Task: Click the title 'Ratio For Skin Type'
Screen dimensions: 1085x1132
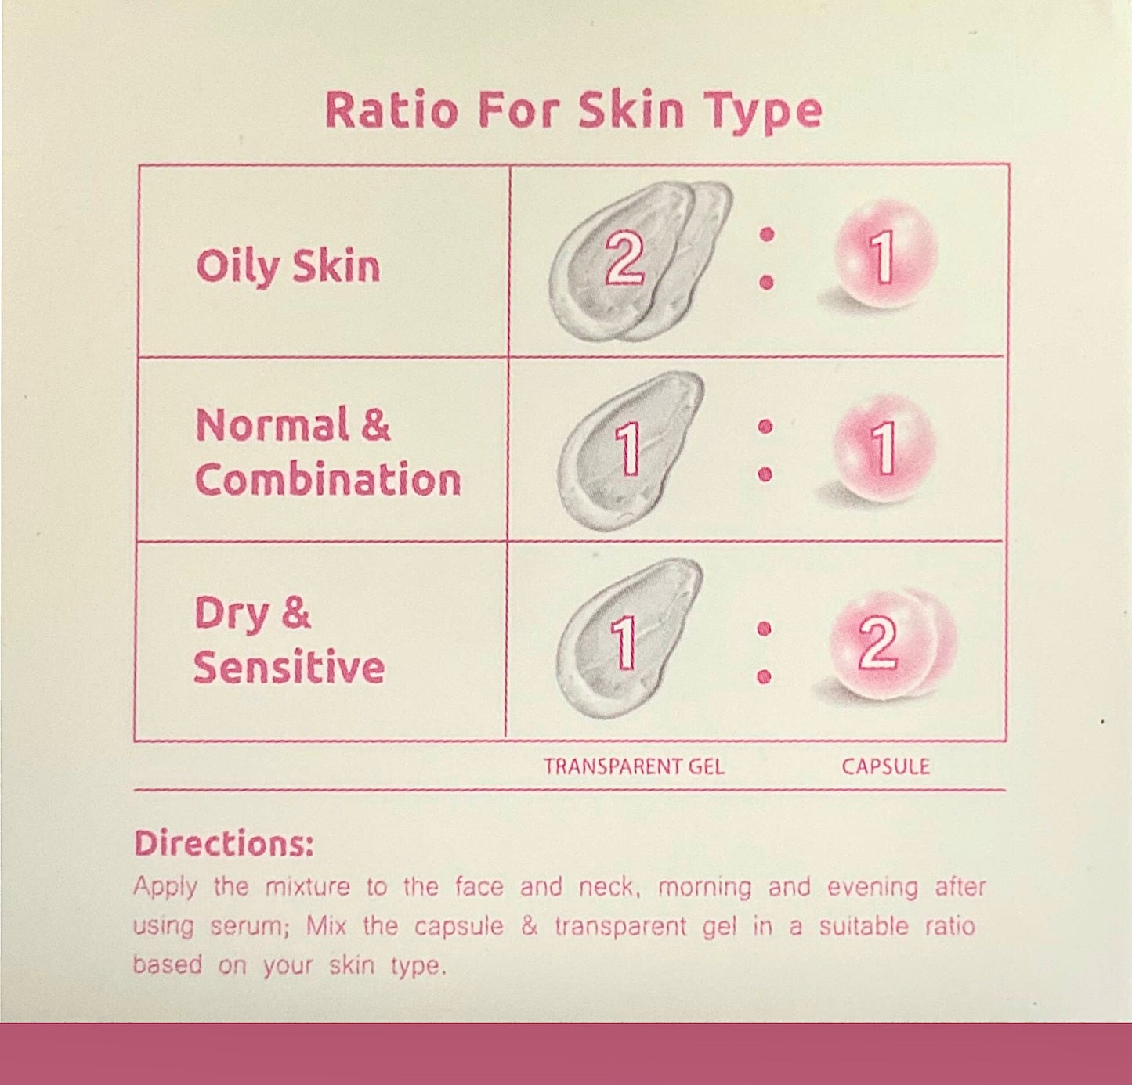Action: [x=573, y=110]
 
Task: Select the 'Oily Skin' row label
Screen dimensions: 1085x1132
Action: [x=288, y=266]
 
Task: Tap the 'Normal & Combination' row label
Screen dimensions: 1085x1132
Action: [x=327, y=452]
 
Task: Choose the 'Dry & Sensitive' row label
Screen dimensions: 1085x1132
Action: [x=288, y=640]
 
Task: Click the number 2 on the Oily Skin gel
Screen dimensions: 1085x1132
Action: [x=624, y=259]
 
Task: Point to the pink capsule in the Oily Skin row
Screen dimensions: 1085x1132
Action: [x=884, y=254]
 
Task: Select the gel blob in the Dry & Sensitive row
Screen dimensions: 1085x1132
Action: [x=627, y=638]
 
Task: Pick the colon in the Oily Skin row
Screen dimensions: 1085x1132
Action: [x=767, y=258]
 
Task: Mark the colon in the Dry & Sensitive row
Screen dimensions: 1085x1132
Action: [x=765, y=652]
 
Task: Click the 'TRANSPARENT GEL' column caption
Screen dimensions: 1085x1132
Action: [x=634, y=766]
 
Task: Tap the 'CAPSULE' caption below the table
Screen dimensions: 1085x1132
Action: [x=885, y=766]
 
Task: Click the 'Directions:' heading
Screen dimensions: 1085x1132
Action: [x=223, y=844]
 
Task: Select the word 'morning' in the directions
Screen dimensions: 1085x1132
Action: [x=704, y=888]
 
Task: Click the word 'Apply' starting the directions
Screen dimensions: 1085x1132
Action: [x=165, y=888]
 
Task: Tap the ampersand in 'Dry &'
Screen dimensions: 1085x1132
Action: [x=295, y=613]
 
